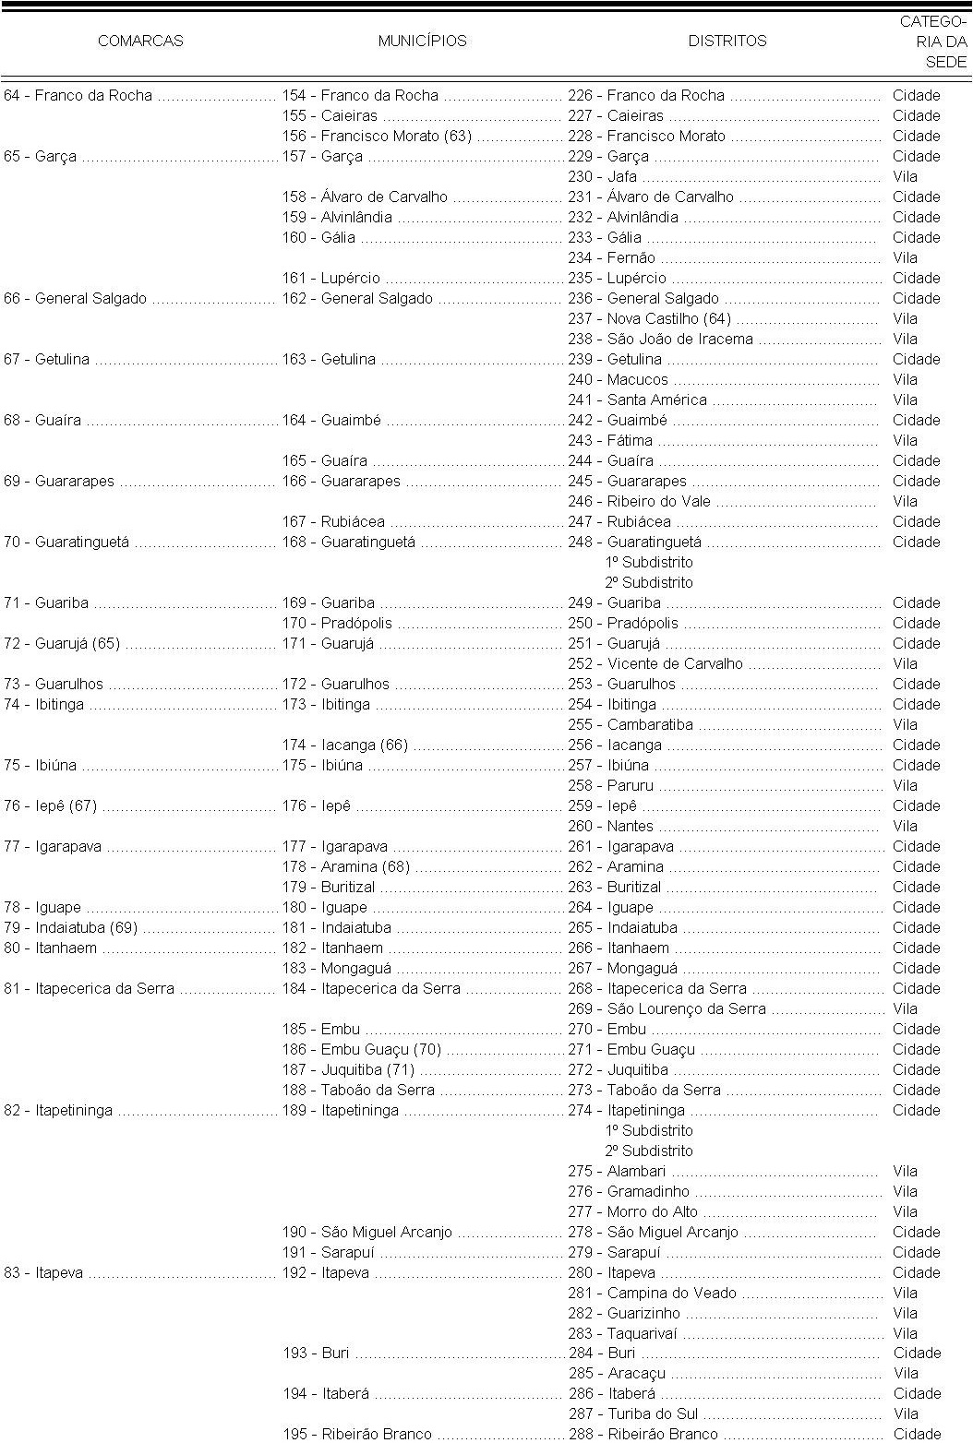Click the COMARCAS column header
tap(140, 41)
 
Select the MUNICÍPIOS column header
tap(422, 41)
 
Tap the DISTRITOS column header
tap(727, 41)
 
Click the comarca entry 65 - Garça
tap(41, 157)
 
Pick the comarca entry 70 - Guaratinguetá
tap(66, 543)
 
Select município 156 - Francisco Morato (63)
tap(377, 137)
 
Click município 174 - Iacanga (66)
tap(345, 745)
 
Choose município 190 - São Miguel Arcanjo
tap(367, 1233)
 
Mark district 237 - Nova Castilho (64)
tap(649, 319)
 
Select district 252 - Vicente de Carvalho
tap(655, 664)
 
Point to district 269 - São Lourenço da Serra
tap(667, 1009)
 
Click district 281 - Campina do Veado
tap(652, 1294)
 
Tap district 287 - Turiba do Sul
tap(632, 1414)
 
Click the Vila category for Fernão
tap(905, 258)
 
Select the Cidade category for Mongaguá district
tap(916, 969)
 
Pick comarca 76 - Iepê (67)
tap(50, 806)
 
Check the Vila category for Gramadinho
tap(905, 1192)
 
